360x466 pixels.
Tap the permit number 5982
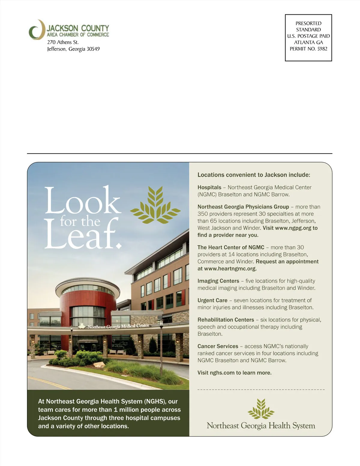tap(322, 49)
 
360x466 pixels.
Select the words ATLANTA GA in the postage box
tap(308, 42)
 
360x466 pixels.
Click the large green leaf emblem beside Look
tap(155, 205)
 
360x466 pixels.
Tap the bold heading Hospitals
tap(209, 188)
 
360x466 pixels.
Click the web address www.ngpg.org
tap(293, 228)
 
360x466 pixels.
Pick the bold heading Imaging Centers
tap(218, 281)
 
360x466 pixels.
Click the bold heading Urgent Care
tap(212, 301)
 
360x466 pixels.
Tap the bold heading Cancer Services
tap(218, 347)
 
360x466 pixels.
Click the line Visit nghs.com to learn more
tap(234, 373)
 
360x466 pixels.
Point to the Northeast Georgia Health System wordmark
tap(261, 426)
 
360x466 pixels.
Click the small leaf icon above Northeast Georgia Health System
tap(261, 409)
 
